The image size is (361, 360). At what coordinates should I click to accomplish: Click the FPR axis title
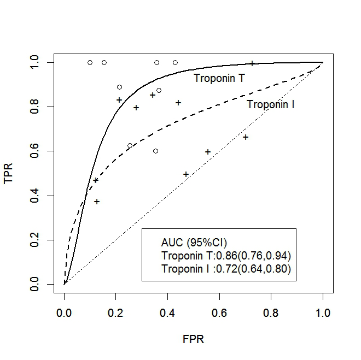click(x=193, y=339)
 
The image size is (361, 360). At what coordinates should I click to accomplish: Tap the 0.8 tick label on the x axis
click(x=271, y=313)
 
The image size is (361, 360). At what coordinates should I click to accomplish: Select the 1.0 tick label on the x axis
click(x=323, y=313)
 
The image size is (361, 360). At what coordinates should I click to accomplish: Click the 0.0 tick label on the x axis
click(x=64, y=313)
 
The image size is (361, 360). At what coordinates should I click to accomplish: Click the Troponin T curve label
click(x=219, y=79)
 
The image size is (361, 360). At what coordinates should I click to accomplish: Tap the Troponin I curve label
click(x=271, y=104)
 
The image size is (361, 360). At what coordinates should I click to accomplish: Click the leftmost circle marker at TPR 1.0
click(x=90, y=62)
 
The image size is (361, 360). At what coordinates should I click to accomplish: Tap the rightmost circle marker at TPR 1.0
click(x=175, y=62)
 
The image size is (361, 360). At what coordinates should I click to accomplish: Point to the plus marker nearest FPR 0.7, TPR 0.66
click(x=246, y=137)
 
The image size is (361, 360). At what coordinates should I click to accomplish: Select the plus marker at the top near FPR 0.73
click(x=252, y=63)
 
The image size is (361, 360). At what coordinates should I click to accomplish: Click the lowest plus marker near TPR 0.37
click(x=97, y=202)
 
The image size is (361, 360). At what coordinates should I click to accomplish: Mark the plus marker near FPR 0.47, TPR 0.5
click(x=186, y=174)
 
